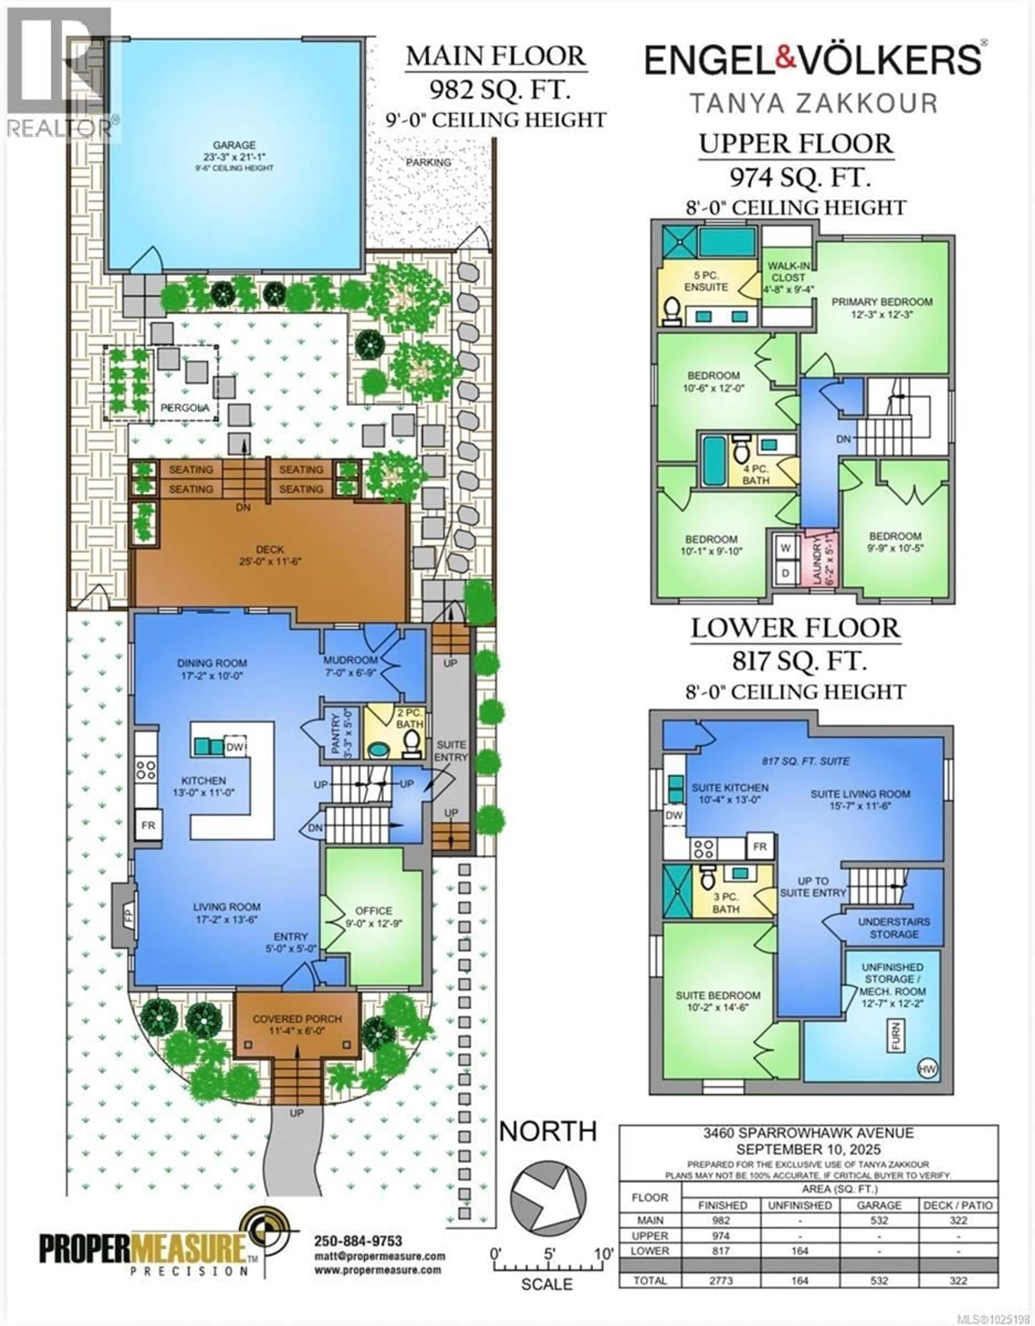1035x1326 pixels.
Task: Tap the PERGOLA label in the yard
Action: pyautogui.click(x=185, y=408)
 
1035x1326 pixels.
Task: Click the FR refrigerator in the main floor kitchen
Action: pyautogui.click(x=148, y=825)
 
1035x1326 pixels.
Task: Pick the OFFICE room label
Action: pyautogui.click(x=374, y=911)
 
